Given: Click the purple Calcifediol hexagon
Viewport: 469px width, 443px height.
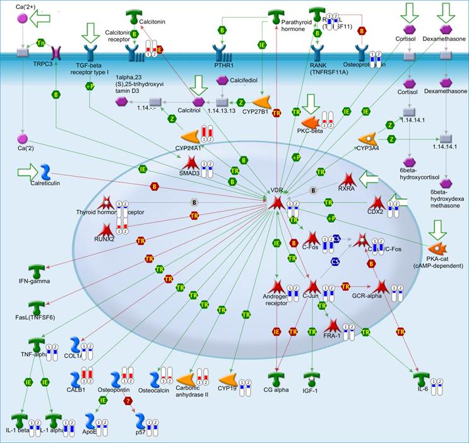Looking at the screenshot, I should (222, 81).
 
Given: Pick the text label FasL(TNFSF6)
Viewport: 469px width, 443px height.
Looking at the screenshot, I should (30, 317).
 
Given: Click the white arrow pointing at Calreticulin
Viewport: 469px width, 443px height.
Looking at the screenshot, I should (28, 171).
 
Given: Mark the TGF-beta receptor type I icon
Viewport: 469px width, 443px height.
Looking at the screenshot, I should (93, 52).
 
